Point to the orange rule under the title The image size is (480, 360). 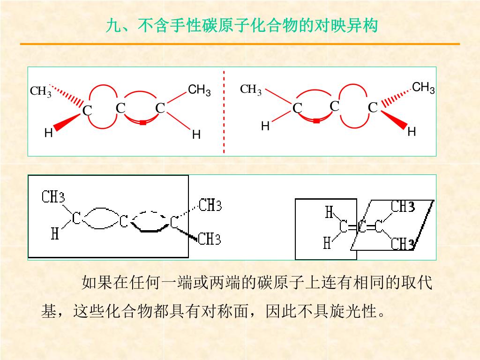(240, 44)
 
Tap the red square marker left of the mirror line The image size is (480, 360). (142, 123)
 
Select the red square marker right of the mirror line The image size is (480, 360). (316, 121)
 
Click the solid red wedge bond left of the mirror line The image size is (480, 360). (67, 121)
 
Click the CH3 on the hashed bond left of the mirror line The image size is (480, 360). (41, 91)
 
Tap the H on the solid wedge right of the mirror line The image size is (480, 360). (412, 132)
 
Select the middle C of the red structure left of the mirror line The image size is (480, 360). (120, 109)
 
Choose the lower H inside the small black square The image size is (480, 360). (327, 243)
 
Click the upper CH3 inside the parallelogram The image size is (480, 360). (403, 207)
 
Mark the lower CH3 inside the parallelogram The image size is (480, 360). (402, 244)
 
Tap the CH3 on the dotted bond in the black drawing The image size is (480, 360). (210, 205)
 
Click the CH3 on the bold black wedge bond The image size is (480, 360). (209, 240)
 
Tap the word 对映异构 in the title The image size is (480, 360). (346, 26)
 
